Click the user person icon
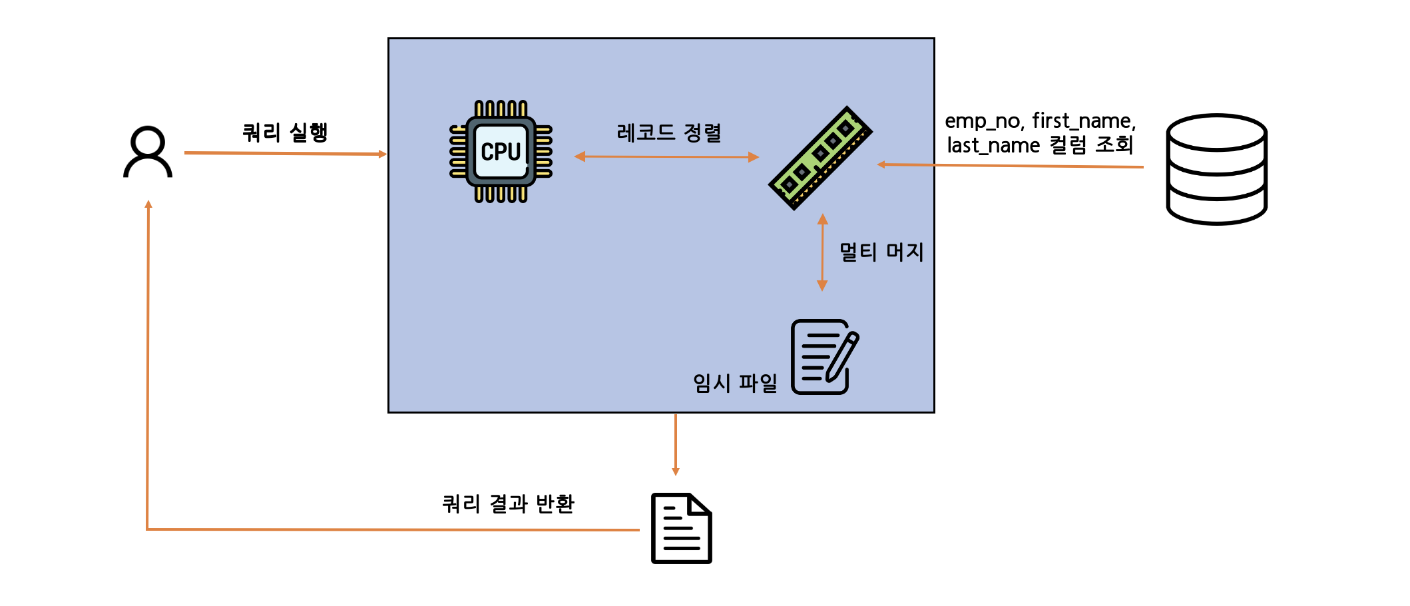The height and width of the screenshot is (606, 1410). tap(148, 152)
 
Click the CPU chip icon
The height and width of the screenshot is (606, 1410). tap(501, 152)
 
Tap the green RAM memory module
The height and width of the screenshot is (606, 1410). tap(820, 158)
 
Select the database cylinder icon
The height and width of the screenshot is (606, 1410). tap(1216, 169)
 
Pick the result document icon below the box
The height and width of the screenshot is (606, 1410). tap(681, 528)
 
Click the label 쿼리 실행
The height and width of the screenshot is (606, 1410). tap(285, 132)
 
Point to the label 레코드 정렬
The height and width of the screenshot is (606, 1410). tap(669, 133)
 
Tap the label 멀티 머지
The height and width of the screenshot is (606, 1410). tap(881, 252)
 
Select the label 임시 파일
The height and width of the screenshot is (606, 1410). tap(735, 383)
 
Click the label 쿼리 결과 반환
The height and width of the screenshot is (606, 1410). tap(508, 503)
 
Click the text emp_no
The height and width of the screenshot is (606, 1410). tap(983, 121)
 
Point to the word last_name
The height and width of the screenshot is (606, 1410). tap(993, 145)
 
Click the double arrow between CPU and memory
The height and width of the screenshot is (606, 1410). tap(666, 157)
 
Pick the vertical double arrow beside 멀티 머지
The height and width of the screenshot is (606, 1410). tap(822, 252)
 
